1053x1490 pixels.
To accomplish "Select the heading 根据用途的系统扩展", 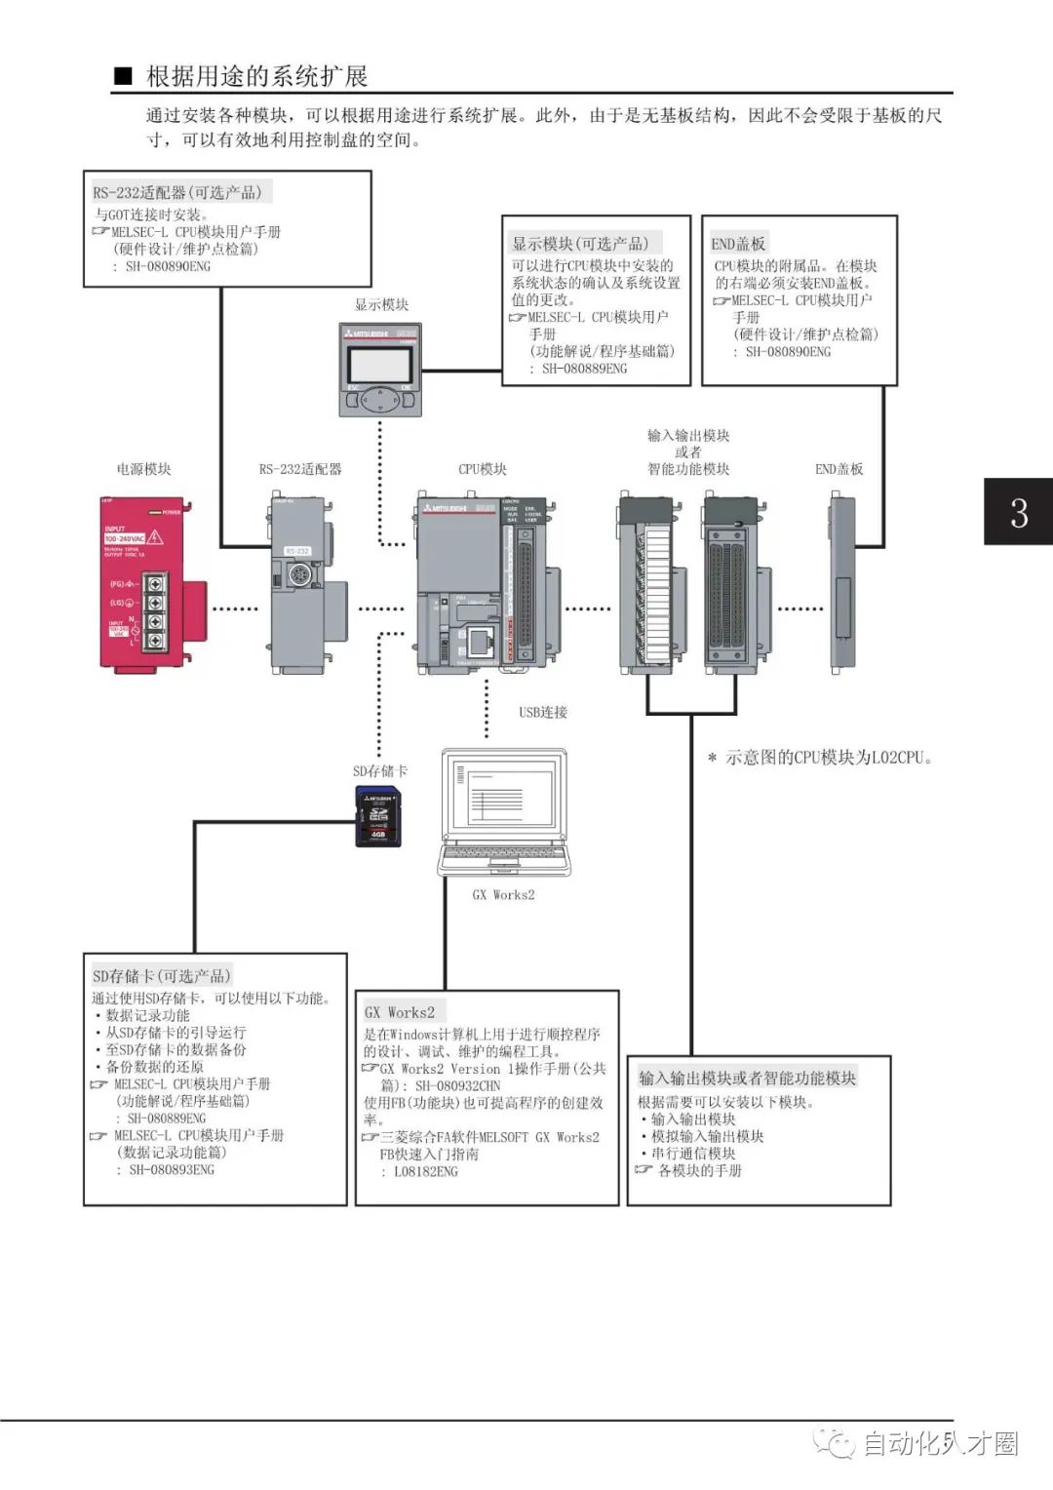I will [256, 76].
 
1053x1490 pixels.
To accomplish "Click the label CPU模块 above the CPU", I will [483, 469].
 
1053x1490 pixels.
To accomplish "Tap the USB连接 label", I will [543, 713].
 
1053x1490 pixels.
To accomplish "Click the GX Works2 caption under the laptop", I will [503, 894].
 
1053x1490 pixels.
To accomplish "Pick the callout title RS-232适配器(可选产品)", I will [177, 192].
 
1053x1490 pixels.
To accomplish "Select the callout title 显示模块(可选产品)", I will [581, 243].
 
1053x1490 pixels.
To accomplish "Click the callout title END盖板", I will [738, 243].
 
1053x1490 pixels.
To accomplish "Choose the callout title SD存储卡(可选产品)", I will [162, 975].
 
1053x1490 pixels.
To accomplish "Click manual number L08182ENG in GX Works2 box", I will [425, 1171].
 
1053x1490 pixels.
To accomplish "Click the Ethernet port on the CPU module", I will [480, 642].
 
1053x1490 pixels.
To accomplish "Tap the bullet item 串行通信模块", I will [693, 1153].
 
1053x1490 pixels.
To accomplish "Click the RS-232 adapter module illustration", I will [304, 583].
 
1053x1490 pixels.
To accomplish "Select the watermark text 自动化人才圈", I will [940, 1443].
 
